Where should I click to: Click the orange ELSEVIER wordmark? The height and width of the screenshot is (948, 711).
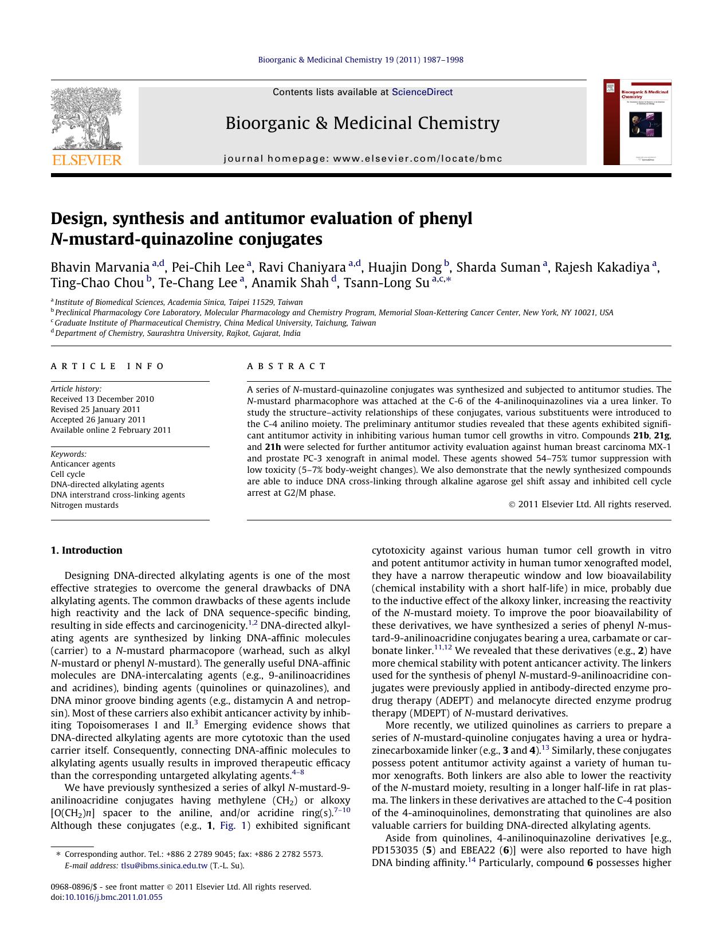point(87,160)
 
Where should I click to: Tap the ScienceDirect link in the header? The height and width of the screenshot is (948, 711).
point(422,92)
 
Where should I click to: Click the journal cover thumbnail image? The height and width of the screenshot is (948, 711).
point(637,122)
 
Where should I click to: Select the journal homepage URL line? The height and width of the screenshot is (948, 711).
point(363,159)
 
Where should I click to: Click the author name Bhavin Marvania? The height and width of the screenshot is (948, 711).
point(100,268)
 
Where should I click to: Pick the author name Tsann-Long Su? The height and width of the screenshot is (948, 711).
point(386,283)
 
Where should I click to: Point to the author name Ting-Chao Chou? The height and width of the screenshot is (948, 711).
point(97,283)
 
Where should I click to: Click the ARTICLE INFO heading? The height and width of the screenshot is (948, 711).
point(107,366)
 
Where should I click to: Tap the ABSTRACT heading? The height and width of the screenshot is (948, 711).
point(286,366)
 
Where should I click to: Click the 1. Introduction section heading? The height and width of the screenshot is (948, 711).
point(87,550)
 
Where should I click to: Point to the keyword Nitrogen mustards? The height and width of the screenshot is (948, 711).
point(84,505)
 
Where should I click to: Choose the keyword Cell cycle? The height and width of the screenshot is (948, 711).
point(68,474)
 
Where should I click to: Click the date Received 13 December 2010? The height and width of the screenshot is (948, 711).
point(102,399)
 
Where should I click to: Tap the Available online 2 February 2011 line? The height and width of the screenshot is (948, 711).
point(111,430)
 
